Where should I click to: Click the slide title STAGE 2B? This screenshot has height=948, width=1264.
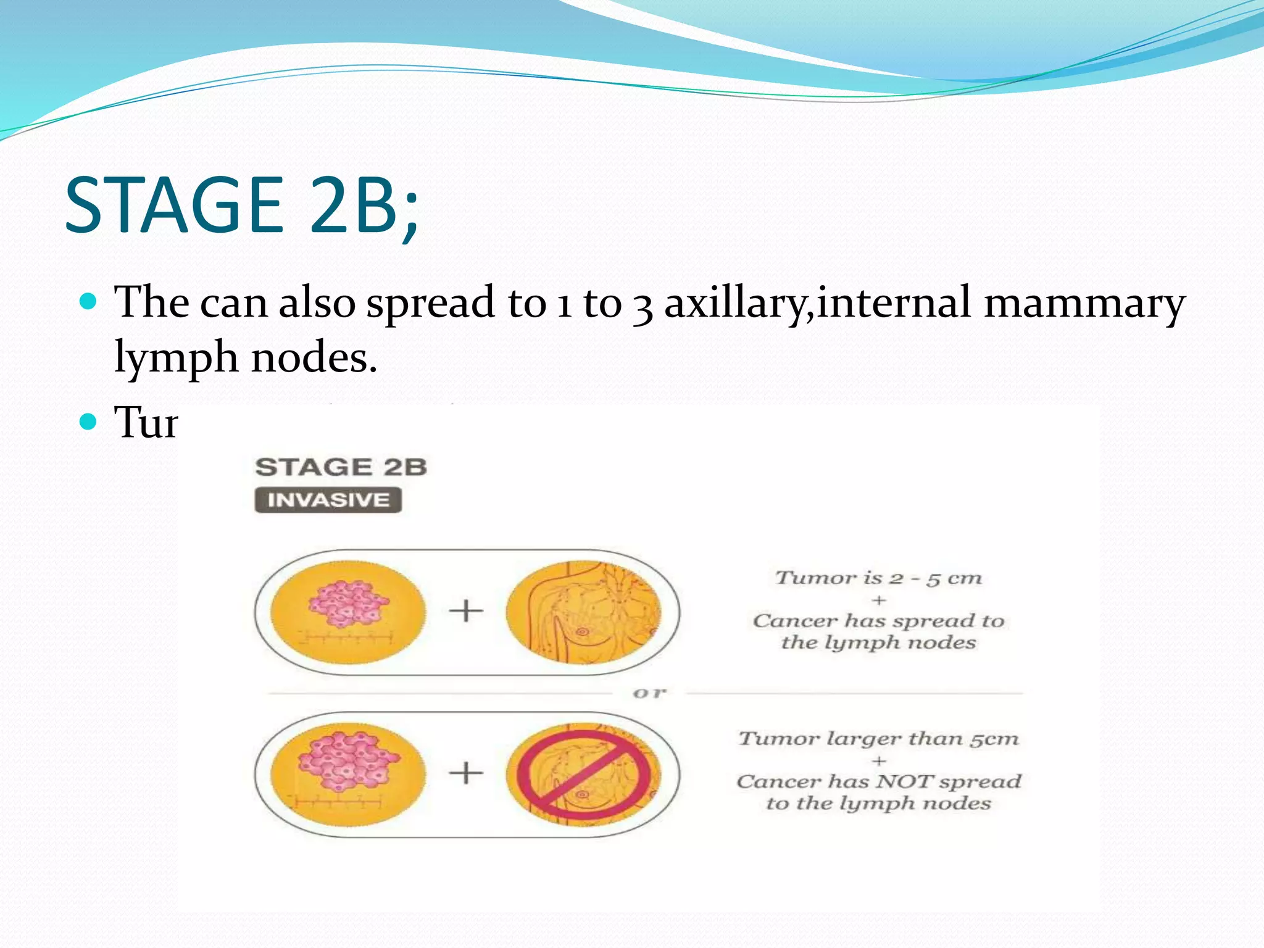point(242,205)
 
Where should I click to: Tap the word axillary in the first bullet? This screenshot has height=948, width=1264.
point(738,304)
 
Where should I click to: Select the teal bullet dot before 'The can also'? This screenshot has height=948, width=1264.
point(89,302)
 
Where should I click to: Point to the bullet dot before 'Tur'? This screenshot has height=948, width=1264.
point(89,422)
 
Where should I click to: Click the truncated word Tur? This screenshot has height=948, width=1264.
point(146,423)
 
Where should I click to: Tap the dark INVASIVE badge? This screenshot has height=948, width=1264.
point(328,499)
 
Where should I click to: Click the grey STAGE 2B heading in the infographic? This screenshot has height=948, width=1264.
point(341,467)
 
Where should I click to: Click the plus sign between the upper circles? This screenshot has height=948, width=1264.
point(466,612)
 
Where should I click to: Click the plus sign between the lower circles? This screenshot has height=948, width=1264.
point(466,773)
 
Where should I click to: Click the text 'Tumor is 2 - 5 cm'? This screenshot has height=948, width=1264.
point(878,578)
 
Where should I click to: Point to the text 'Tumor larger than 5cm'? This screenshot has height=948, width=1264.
point(878,738)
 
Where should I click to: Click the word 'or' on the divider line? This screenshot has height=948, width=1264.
point(650,694)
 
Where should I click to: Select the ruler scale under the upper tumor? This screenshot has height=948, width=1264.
point(346,638)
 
